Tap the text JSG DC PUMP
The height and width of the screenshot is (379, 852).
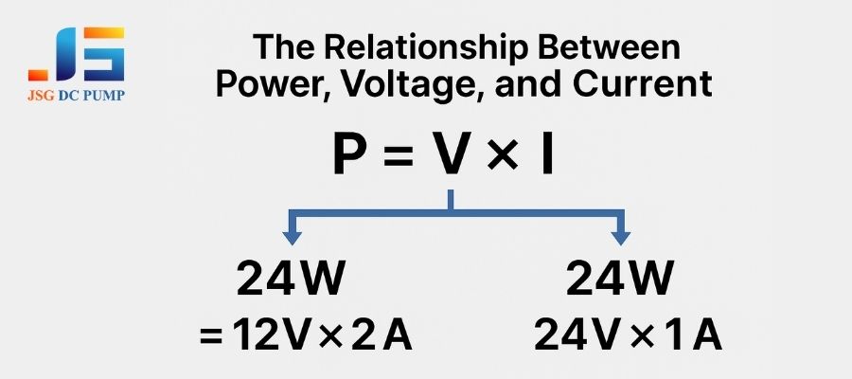pos(76,95)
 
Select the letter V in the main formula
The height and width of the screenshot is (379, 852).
pos(449,153)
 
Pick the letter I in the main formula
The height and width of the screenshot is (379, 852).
pos(547,153)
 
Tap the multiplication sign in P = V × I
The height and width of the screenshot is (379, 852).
pos(501,155)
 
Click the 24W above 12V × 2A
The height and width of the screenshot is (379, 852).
pos(292,280)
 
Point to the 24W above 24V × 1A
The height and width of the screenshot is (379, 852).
pos(620,280)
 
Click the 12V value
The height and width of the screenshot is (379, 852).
pos(270,335)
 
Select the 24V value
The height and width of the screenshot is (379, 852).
pos(579,335)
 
